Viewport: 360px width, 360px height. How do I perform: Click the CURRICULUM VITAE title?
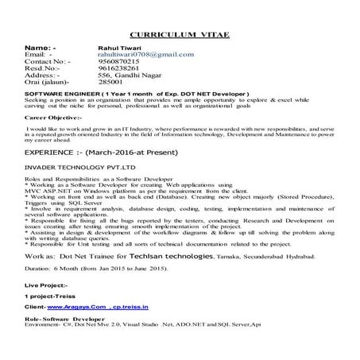(x=179, y=37)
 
